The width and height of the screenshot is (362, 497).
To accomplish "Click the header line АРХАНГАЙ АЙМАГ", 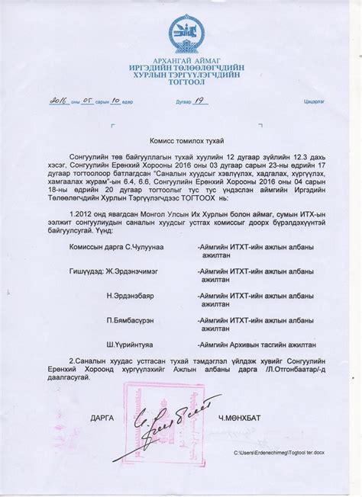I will point(186,59).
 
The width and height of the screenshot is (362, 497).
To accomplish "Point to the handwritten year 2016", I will point(58,101).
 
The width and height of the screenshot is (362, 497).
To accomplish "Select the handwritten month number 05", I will point(90,101).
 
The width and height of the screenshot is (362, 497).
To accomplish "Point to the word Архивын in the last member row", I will point(249,345).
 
